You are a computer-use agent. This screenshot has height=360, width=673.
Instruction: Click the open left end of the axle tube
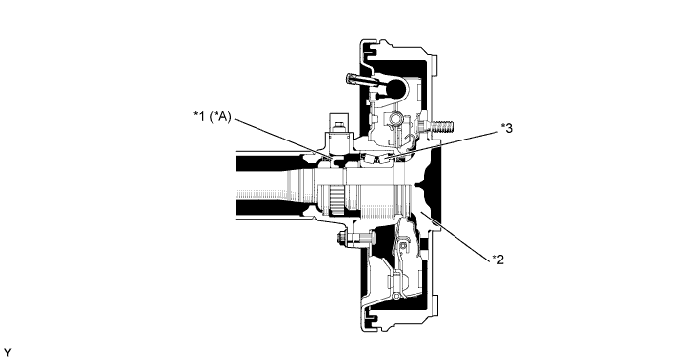(x=238, y=185)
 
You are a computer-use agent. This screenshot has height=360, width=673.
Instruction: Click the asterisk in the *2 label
(x=491, y=258)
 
